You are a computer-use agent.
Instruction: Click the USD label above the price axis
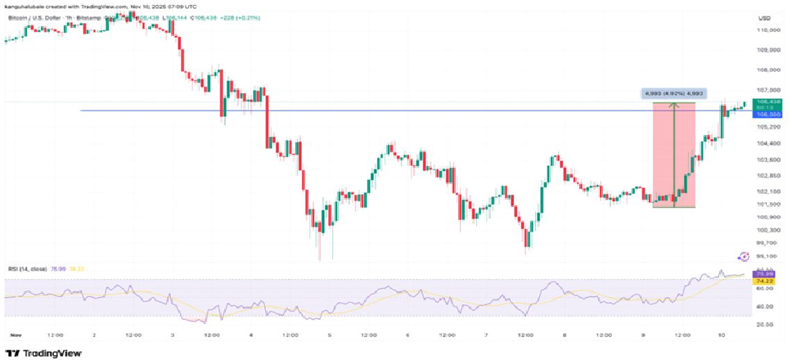[765, 17]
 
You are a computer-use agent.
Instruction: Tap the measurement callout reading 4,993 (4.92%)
[674, 94]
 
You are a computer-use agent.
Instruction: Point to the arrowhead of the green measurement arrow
[673, 104]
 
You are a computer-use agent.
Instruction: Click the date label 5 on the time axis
[329, 335]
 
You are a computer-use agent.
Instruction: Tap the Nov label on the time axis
[15, 335]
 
